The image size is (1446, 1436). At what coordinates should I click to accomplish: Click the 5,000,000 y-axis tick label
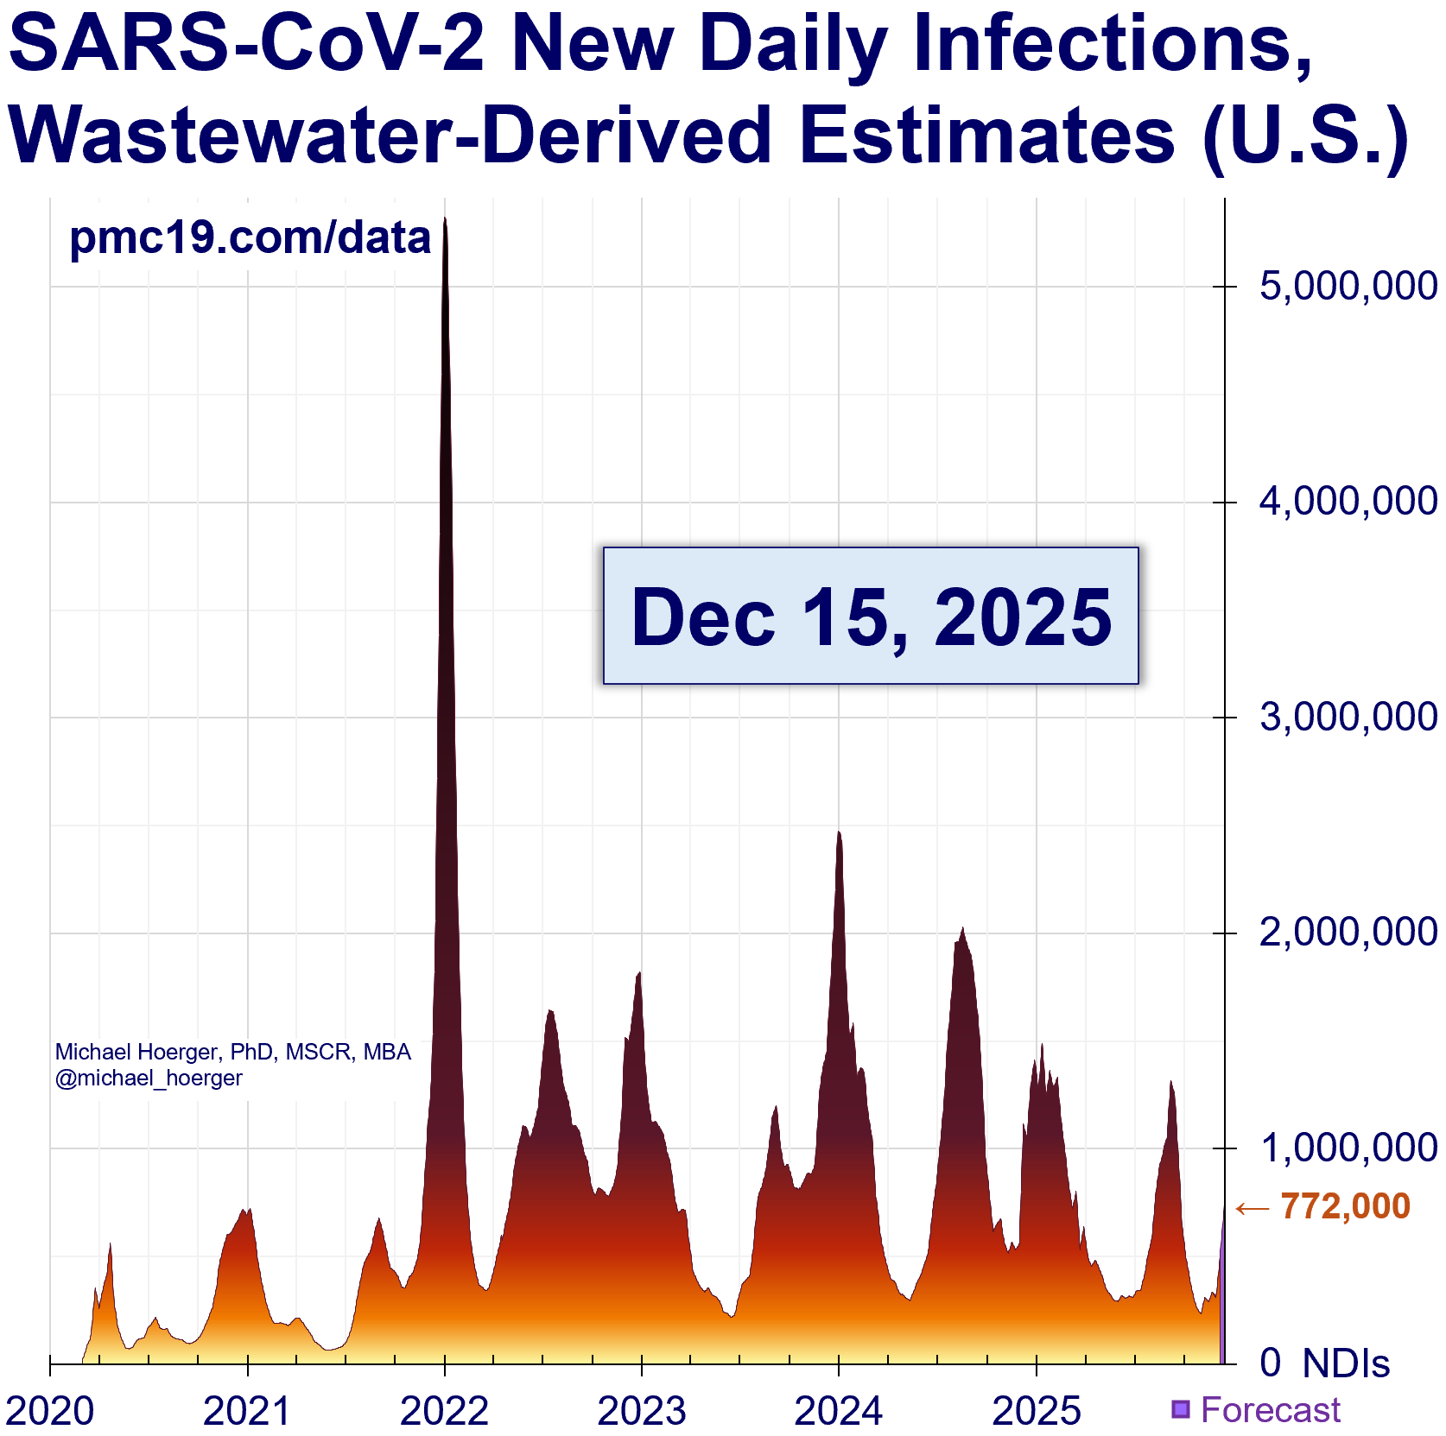[1348, 287]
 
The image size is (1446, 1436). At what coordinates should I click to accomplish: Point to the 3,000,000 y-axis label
[1348, 718]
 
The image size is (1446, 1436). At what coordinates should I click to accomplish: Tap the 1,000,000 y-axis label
[1348, 1148]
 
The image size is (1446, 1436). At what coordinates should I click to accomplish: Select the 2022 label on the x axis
[444, 1411]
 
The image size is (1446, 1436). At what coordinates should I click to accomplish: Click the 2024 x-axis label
[838, 1411]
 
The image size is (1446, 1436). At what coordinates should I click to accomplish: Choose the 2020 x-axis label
[50, 1411]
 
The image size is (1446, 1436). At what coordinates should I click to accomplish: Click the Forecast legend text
[1270, 1409]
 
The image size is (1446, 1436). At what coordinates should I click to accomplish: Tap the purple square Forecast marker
[1180, 1409]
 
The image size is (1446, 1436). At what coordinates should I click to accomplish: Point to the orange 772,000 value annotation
[1345, 1206]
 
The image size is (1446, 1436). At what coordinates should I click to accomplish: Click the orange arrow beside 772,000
[1253, 1208]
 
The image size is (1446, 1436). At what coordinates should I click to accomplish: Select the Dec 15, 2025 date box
[871, 616]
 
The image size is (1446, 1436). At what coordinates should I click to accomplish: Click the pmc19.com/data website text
[250, 237]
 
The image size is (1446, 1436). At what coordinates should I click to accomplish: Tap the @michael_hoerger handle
[149, 1078]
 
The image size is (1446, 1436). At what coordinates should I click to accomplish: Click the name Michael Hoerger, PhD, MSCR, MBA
[232, 1052]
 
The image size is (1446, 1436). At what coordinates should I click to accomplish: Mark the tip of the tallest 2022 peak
[445, 219]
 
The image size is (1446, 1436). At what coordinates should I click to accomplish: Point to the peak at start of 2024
[839, 832]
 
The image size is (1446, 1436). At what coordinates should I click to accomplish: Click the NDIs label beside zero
[1346, 1363]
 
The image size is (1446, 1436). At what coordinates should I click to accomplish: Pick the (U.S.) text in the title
[1304, 135]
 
